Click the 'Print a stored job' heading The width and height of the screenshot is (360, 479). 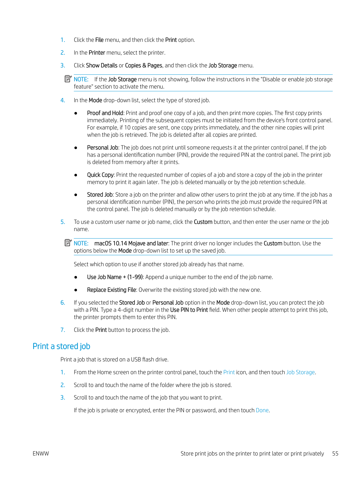coord(61,346)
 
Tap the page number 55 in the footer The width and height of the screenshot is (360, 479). coord(335,453)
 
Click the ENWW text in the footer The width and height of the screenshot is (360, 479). coord(41,453)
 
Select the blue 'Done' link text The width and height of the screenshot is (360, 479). coord(262,410)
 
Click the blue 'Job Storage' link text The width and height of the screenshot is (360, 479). coord(300,372)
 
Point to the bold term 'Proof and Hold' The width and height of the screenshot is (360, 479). coord(105,113)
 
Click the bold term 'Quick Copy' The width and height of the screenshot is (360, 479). coord(100,175)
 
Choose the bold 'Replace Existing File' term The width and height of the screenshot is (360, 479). coord(112,290)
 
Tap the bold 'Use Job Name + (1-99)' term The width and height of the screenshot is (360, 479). coord(115,277)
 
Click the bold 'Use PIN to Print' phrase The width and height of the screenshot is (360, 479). coord(189,310)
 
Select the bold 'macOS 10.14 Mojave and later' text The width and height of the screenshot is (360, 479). coord(131,243)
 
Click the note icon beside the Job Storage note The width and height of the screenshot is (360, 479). coord(68,79)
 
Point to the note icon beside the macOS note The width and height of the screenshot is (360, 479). coord(68,243)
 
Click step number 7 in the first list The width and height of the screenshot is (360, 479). coord(63,330)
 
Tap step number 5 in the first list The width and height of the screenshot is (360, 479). coord(63,222)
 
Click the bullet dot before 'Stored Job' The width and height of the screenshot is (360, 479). coord(76,195)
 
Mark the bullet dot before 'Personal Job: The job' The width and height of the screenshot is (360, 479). coord(76,148)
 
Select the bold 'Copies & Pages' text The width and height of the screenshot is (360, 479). coord(144,65)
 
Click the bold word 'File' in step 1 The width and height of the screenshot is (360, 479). coord(99,40)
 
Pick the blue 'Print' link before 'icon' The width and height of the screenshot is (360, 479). coord(229,372)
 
